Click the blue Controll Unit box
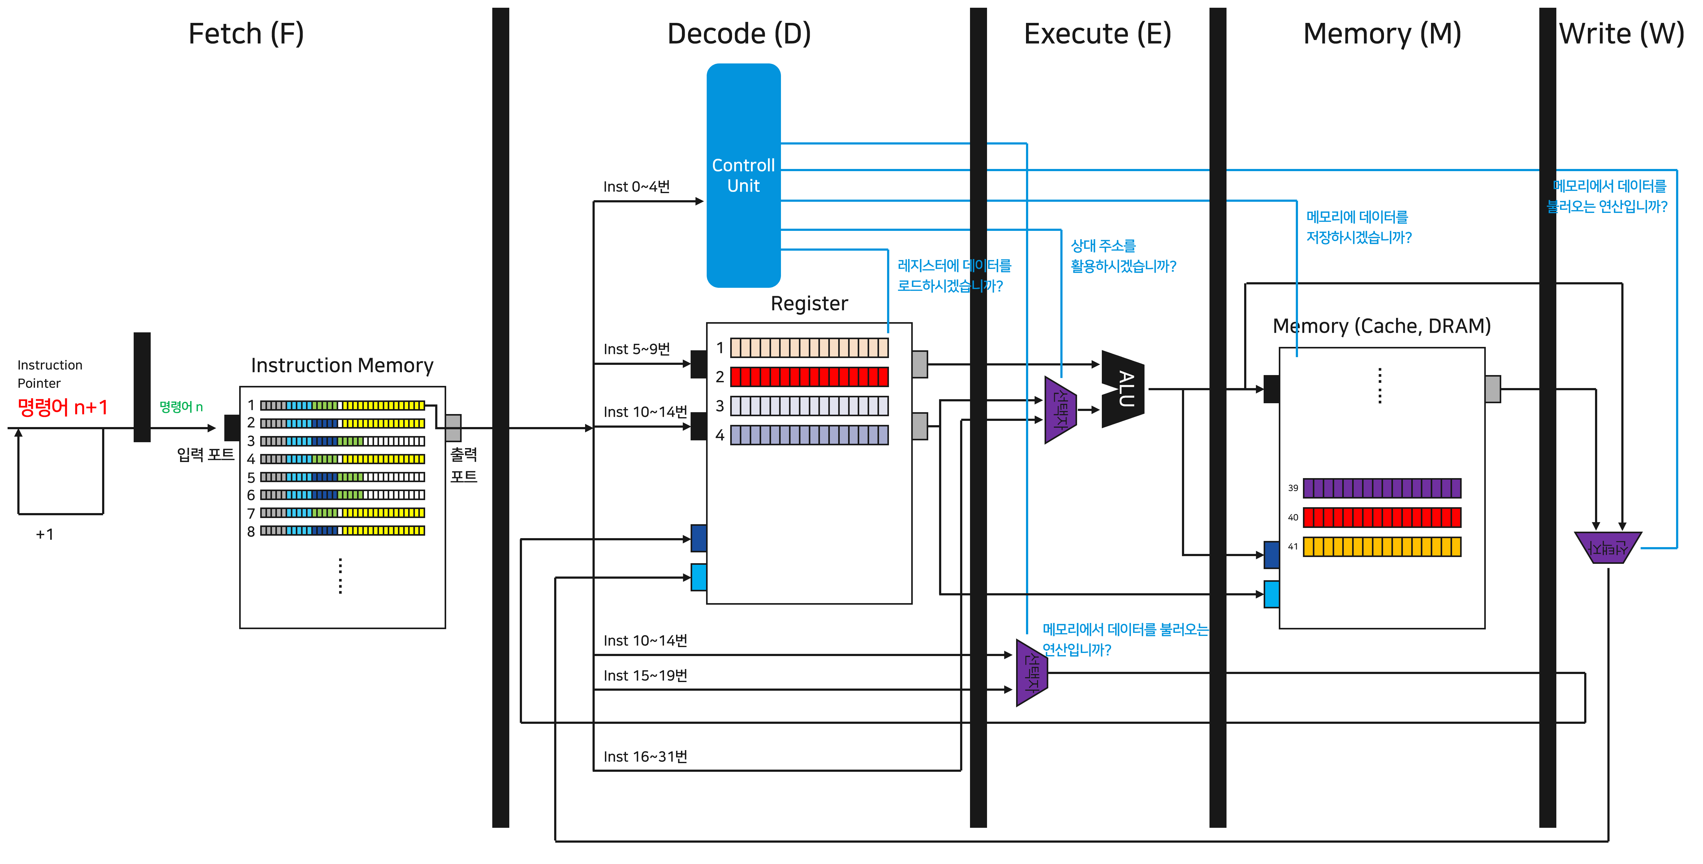coord(743,175)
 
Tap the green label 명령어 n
coord(180,407)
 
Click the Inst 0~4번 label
coord(636,186)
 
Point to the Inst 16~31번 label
coord(645,756)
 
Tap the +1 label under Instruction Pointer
coord(44,534)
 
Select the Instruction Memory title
coord(342,365)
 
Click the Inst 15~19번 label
coord(645,675)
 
